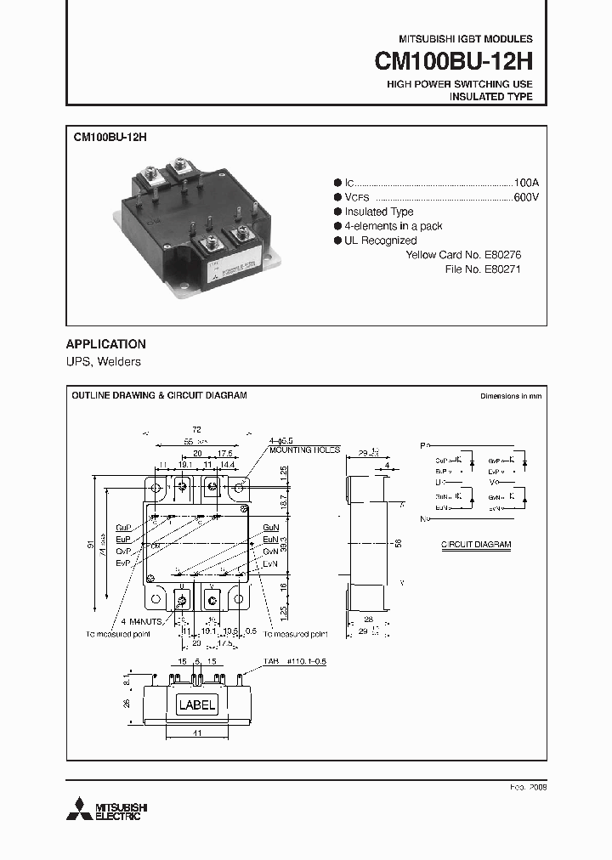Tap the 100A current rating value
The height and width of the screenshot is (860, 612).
click(x=526, y=183)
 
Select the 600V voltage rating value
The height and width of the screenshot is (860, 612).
click(x=526, y=197)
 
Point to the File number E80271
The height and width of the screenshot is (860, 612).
click(x=502, y=269)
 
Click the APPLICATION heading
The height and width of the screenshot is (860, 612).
click(x=105, y=344)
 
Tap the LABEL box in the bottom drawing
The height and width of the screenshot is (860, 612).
click(x=196, y=704)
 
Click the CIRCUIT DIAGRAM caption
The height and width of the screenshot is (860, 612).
click(x=476, y=544)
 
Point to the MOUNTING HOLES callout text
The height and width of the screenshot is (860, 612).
click(x=304, y=450)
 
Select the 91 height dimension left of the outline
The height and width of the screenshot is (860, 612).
click(x=92, y=546)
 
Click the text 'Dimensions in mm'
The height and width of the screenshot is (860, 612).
click(x=510, y=396)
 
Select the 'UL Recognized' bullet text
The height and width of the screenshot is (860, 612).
click(x=380, y=240)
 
